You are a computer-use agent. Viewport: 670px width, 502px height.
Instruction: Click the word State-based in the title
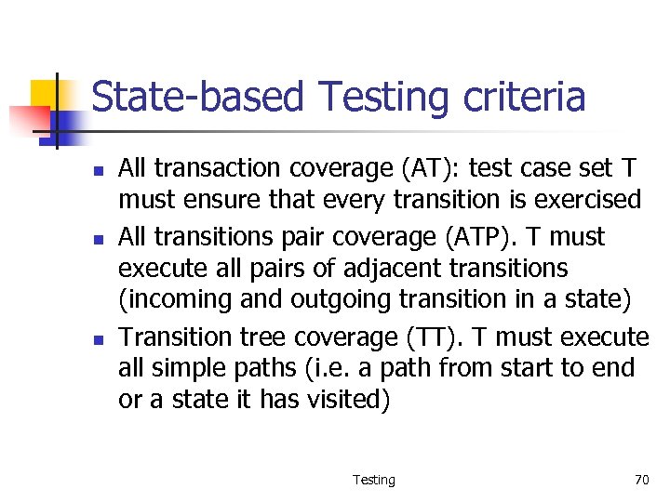(x=197, y=98)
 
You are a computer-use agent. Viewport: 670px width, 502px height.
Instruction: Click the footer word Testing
(x=373, y=480)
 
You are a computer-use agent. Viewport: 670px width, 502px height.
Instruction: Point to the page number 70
(x=641, y=480)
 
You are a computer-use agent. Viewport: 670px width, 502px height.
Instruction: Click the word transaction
(x=217, y=168)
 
